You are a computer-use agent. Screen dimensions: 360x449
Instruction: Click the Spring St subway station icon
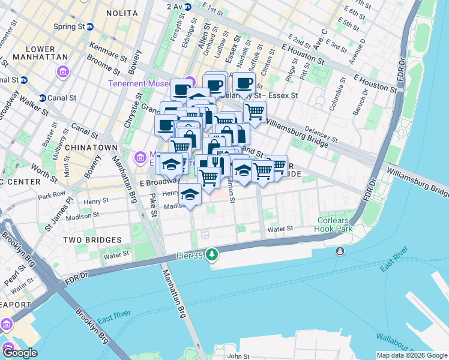click(x=90, y=26)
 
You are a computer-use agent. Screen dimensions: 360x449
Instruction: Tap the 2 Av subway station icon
click(x=188, y=7)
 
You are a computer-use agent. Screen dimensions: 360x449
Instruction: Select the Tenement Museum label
click(x=146, y=83)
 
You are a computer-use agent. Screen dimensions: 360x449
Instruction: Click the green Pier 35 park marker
click(x=211, y=256)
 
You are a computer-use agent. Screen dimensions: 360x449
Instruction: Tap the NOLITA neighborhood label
click(x=122, y=13)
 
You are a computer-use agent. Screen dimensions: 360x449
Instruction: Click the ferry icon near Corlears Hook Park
click(x=340, y=250)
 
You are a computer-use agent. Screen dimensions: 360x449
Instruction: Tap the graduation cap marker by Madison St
click(x=190, y=194)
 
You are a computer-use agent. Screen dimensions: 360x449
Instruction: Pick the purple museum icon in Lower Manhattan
click(x=62, y=72)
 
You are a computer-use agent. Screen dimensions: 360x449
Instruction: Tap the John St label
click(x=238, y=356)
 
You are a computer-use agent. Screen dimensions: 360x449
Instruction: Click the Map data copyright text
click(x=412, y=355)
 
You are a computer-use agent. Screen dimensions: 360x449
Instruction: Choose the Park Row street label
click(x=51, y=196)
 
